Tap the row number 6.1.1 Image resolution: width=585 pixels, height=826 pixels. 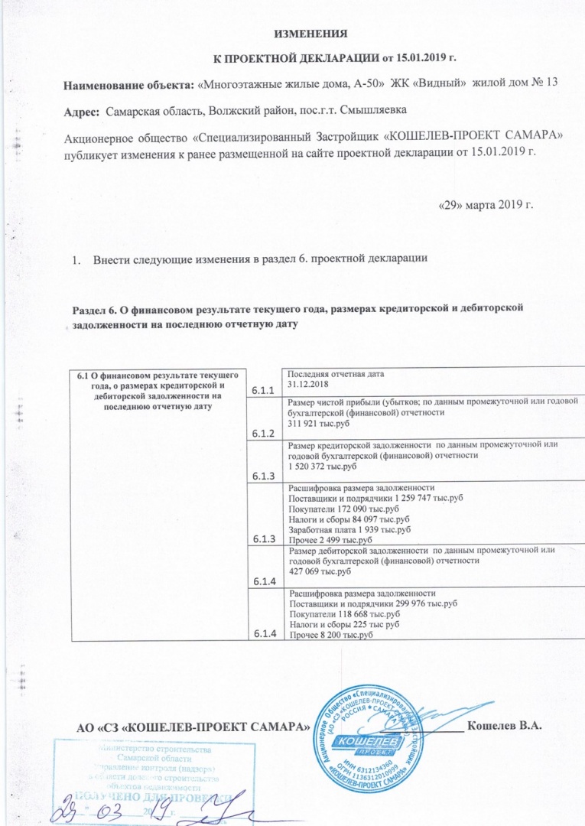[263, 391]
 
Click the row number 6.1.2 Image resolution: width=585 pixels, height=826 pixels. [263, 434]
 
